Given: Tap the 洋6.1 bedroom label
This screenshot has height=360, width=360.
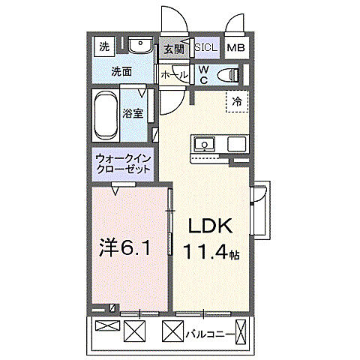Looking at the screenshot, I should coord(126,248).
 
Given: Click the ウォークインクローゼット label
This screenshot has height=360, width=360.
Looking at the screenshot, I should coord(123,164).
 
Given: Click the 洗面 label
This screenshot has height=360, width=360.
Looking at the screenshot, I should coord(121,72).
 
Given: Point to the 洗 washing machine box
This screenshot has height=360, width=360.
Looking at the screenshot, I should coord(103,46).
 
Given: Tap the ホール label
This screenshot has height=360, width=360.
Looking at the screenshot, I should coord(174,75).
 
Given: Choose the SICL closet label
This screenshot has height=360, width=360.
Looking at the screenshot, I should coord(206,47).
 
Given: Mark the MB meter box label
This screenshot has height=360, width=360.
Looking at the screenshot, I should coord(236,48).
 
